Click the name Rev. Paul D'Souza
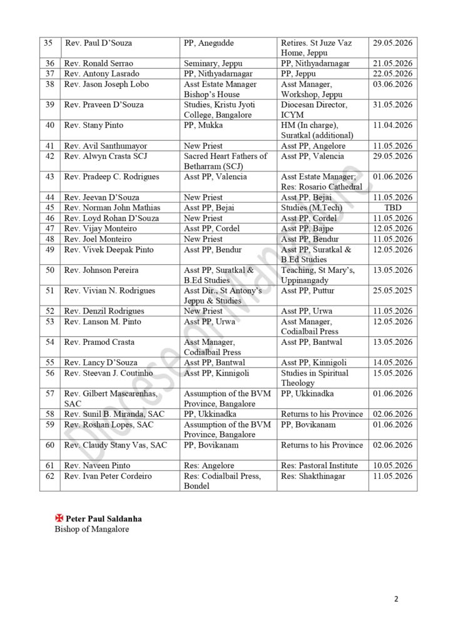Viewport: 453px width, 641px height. [98, 43]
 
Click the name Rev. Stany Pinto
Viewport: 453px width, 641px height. [94, 125]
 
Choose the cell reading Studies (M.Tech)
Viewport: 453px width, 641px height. [312, 208]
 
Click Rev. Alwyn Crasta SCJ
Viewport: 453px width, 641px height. [103, 156]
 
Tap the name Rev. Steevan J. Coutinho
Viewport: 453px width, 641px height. [109, 373]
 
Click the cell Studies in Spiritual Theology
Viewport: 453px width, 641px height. [315, 378]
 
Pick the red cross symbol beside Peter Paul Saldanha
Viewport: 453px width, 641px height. [59, 519]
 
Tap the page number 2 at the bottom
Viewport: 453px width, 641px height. [396, 599]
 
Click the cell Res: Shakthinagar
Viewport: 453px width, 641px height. [313, 476]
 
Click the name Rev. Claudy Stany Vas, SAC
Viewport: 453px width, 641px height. [116, 446]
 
